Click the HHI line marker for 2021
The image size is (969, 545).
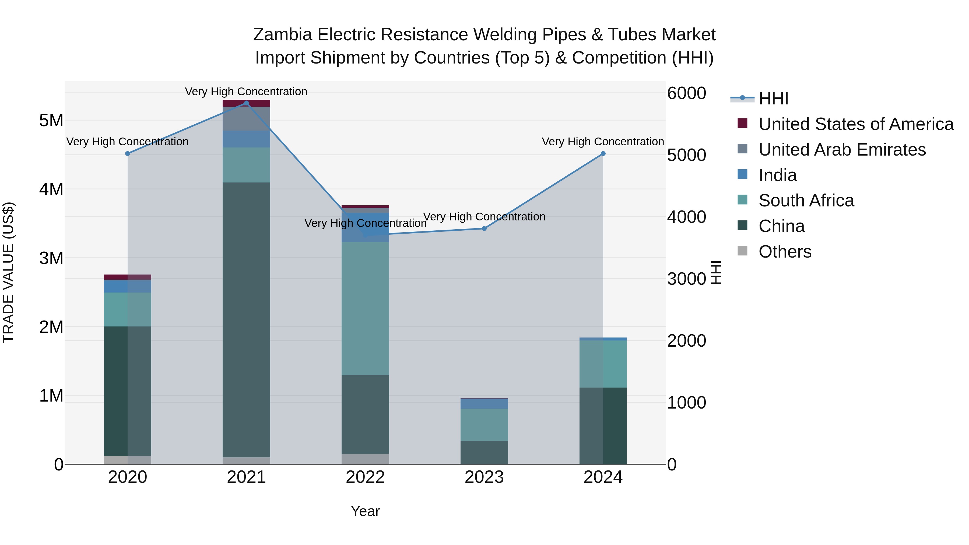point(246,103)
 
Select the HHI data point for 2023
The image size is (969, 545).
point(484,229)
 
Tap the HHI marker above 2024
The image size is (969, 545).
point(603,153)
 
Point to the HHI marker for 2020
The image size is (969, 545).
point(128,153)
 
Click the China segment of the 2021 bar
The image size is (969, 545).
point(246,320)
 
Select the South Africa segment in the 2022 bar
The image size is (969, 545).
point(365,308)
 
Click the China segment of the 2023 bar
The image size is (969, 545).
point(484,452)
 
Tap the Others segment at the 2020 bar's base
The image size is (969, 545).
point(128,460)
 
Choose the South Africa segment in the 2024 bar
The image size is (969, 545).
point(603,364)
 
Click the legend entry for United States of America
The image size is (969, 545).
point(856,124)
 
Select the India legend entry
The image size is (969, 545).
point(778,175)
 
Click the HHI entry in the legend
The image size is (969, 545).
point(773,99)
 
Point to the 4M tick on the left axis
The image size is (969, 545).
point(51,189)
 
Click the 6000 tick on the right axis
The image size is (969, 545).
point(686,93)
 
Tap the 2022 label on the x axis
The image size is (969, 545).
point(365,477)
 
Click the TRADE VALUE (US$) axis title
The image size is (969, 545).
point(8,272)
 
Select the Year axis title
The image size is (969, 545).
point(365,511)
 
